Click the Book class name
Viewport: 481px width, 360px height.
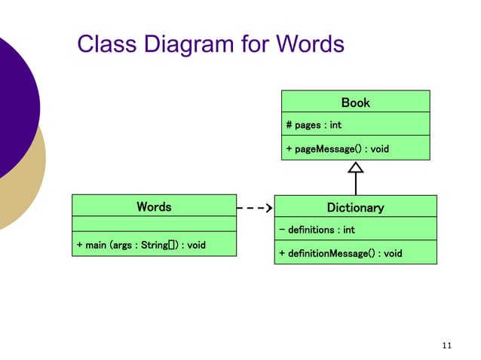coord(355,102)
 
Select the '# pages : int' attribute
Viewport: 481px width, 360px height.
coord(314,125)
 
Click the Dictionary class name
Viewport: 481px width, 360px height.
coord(355,207)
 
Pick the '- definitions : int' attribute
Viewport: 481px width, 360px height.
coord(317,230)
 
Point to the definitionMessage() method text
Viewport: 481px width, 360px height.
coord(340,253)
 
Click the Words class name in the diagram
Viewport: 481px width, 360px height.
coord(154,206)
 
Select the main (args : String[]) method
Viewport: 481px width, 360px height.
coord(141,246)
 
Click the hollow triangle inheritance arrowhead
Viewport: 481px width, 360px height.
coord(355,169)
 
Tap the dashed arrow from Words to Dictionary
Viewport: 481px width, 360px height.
coord(254,206)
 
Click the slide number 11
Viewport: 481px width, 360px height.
coord(446,345)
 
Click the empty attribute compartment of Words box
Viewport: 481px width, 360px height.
coord(154,224)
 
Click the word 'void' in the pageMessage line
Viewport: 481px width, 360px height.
coord(379,149)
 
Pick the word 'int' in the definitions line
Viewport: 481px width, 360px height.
coord(348,230)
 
